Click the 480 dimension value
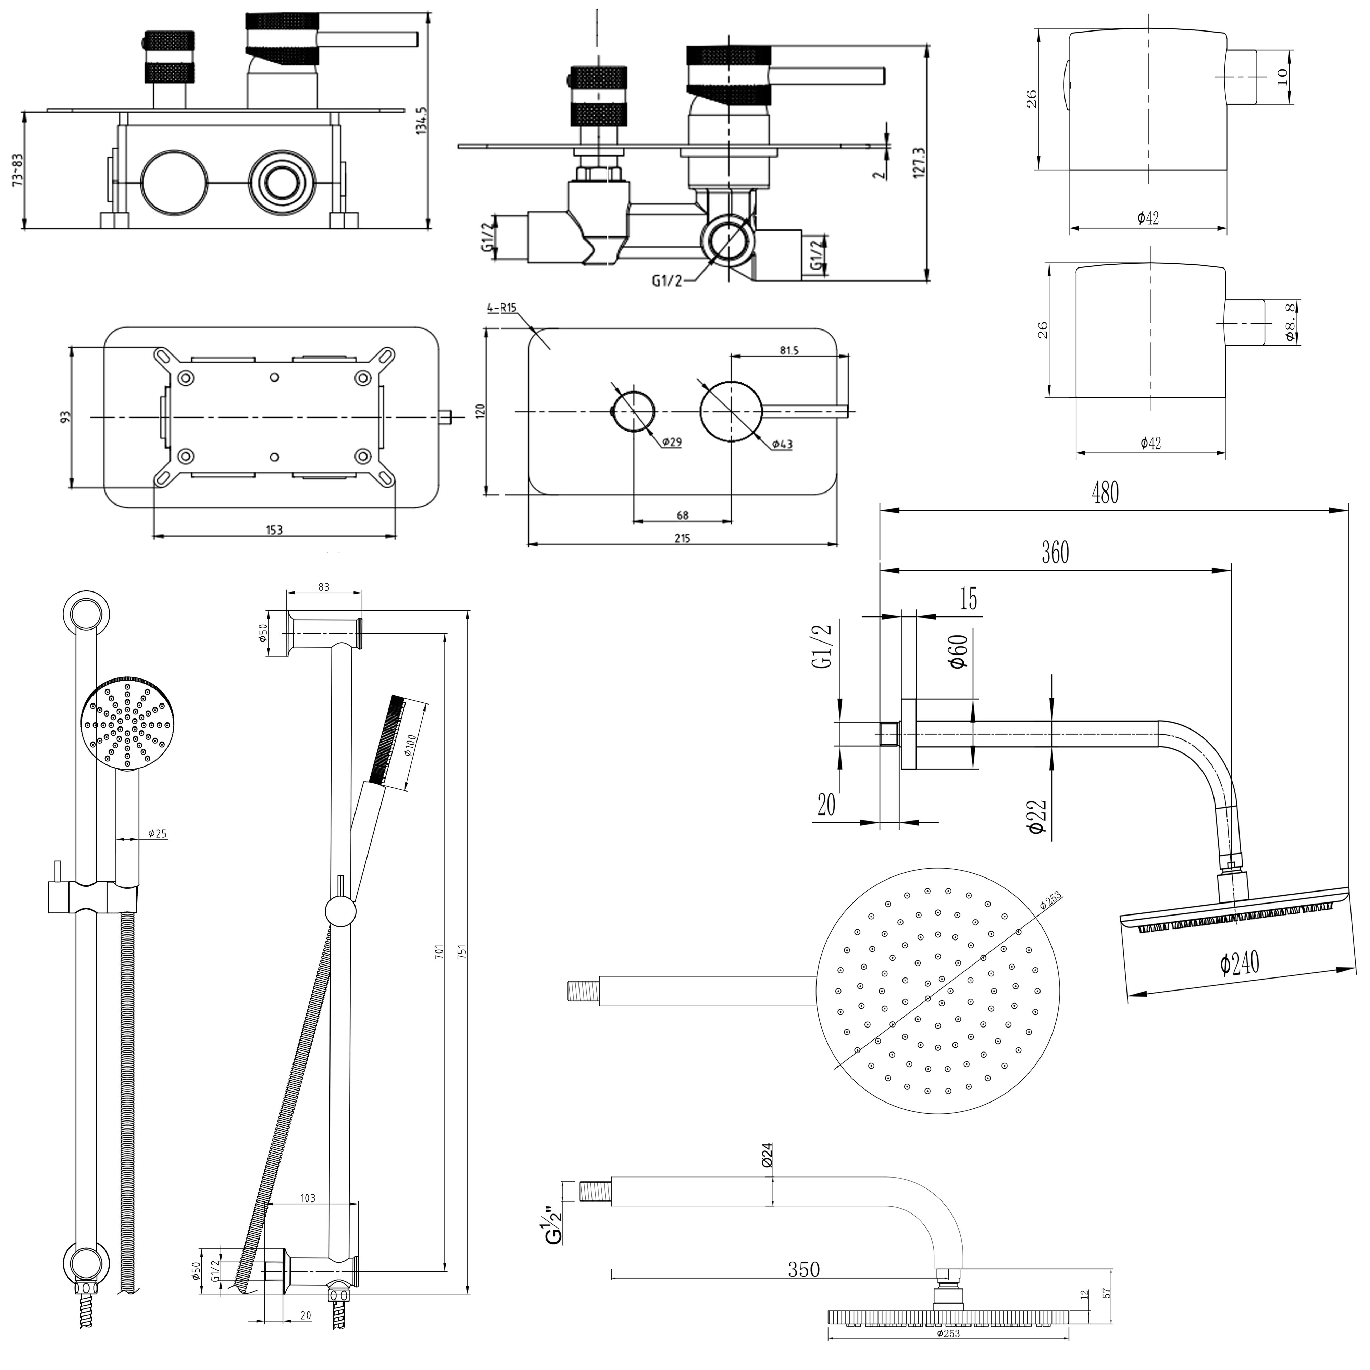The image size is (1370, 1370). pos(1105,493)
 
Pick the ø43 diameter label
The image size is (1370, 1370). pos(782,444)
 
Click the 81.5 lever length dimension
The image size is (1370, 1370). pos(788,350)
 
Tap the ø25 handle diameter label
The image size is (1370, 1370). pos(158,834)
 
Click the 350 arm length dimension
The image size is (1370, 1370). pos(804,1269)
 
